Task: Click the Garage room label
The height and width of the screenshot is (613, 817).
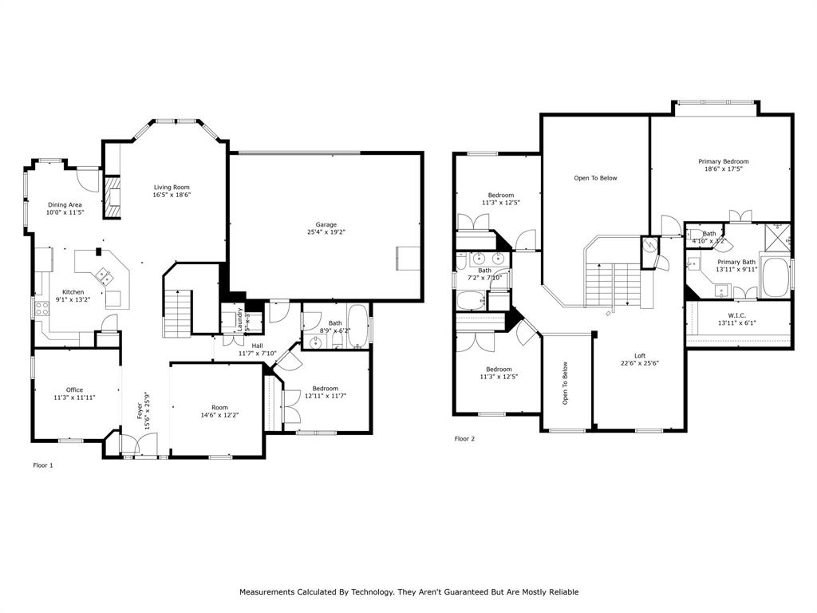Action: (326, 224)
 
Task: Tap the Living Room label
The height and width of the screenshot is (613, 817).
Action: (172, 187)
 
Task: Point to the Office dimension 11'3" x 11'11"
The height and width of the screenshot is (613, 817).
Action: (74, 397)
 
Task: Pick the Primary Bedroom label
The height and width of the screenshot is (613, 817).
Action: (724, 161)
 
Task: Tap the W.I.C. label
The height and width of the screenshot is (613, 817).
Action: (737, 314)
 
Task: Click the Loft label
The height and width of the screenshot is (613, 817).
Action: (640, 355)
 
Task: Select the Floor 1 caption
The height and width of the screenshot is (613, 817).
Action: (42, 465)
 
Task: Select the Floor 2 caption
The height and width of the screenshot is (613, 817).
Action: (464, 438)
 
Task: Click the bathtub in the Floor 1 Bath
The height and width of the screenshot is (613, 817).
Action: (357, 326)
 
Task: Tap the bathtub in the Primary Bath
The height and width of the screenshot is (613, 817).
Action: (773, 278)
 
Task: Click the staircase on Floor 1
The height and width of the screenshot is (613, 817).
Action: (176, 313)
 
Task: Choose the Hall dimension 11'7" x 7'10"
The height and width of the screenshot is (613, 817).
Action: (257, 353)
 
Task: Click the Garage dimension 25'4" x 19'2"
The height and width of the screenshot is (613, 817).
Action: (326, 232)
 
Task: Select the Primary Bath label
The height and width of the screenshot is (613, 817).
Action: (736, 262)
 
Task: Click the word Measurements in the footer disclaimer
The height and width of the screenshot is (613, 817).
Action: (271, 591)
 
